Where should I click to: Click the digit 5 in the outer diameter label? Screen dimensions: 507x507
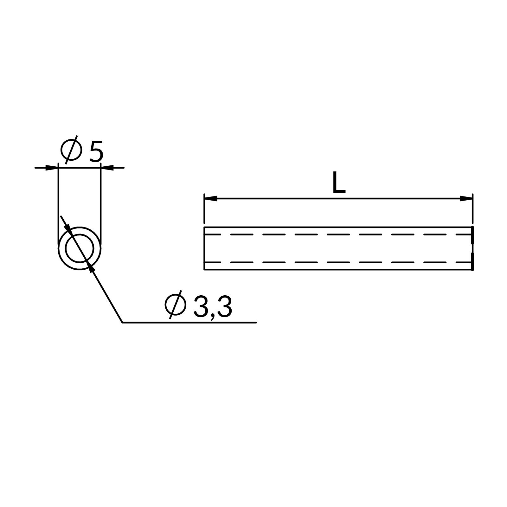96,151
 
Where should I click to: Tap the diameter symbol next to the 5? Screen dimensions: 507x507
71,150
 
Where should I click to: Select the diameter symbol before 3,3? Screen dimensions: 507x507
175,305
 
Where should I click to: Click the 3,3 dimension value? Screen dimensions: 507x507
213,307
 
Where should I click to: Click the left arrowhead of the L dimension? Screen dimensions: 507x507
211,199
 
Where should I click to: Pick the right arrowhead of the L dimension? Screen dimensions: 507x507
466,199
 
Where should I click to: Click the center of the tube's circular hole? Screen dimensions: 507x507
80,248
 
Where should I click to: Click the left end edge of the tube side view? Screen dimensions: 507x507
204,248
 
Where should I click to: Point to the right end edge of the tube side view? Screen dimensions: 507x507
472,248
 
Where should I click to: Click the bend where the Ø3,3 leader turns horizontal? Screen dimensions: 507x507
123,322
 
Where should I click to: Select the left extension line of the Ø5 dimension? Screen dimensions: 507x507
58,203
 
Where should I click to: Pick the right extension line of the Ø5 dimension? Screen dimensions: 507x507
101,203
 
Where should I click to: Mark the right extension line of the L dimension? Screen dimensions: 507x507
472,209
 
